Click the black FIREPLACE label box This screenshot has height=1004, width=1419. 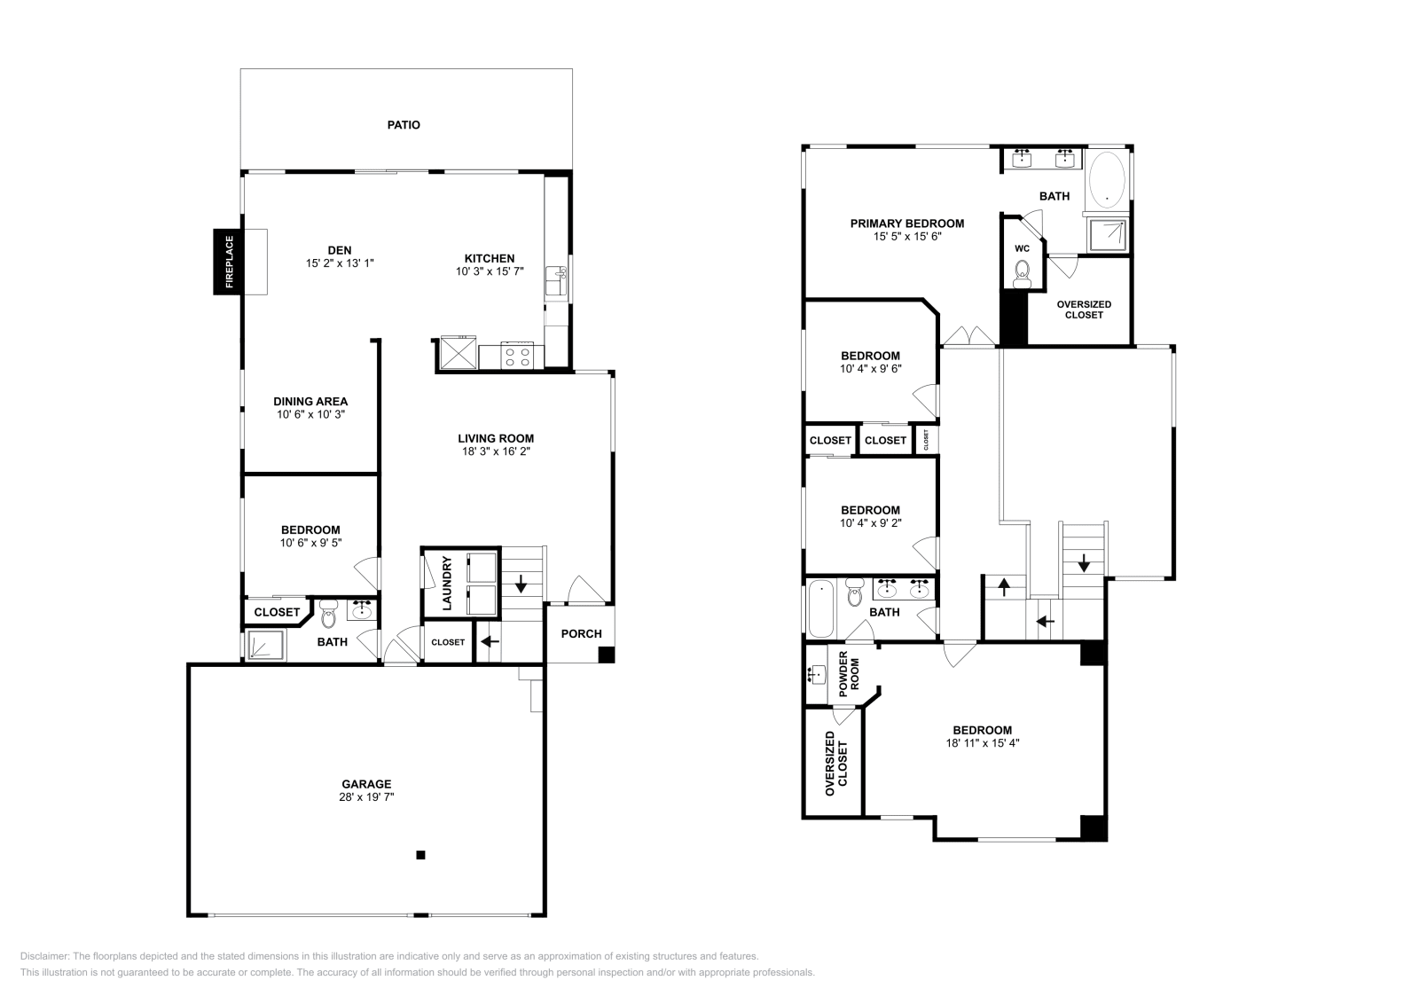228,262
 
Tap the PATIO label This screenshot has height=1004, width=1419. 404,125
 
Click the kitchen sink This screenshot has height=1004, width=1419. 556,280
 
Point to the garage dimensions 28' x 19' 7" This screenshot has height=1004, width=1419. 366,796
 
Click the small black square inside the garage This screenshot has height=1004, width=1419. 420,855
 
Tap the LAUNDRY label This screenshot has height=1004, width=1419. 447,584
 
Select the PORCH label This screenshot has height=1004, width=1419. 581,633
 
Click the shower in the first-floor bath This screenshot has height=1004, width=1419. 266,646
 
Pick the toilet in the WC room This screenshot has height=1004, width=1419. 1022,273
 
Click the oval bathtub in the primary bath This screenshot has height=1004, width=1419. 1107,179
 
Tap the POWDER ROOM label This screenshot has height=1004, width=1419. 849,673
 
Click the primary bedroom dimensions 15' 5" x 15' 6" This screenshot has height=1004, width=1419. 907,236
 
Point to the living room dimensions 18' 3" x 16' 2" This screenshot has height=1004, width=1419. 496,451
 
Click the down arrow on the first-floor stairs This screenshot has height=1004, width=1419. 521,584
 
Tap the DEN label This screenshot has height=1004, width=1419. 340,250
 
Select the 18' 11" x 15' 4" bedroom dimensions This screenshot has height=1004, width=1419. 983,743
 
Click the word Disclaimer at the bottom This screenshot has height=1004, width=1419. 44,956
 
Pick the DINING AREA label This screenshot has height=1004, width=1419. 310,401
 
